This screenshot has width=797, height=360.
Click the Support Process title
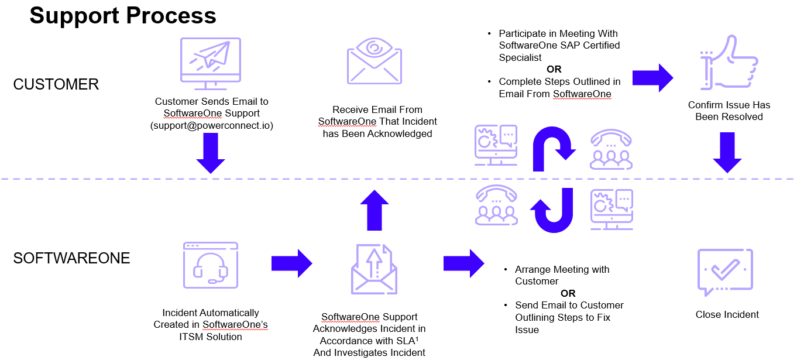pyautogui.click(x=123, y=16)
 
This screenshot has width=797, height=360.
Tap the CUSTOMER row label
pyautogui.click(x=56, y=84)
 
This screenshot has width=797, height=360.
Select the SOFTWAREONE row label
pyautogui.click(x=71, y=258)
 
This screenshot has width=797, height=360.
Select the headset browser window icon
pyautogui.click(x=211, y=265)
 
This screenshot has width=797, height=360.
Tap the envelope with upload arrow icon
pyautogui.click(x=374, y=269)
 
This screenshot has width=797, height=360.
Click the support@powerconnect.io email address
pyautogui.click(x=211, y=125)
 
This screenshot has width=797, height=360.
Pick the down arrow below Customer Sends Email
pyautogui.click(x=211, y=153)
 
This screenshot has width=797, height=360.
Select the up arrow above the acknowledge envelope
pyautogui.click(x=374, y=210)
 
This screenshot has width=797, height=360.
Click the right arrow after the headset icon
pyautogui.click(x=291, y=263)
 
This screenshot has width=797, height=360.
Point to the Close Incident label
pyautogui.click(x=727, y=314)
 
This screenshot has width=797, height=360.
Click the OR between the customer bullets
pyautogui.click(x=554, y=69)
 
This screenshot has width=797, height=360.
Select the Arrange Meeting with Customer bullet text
pyautogui.click(x=562, y=275)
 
